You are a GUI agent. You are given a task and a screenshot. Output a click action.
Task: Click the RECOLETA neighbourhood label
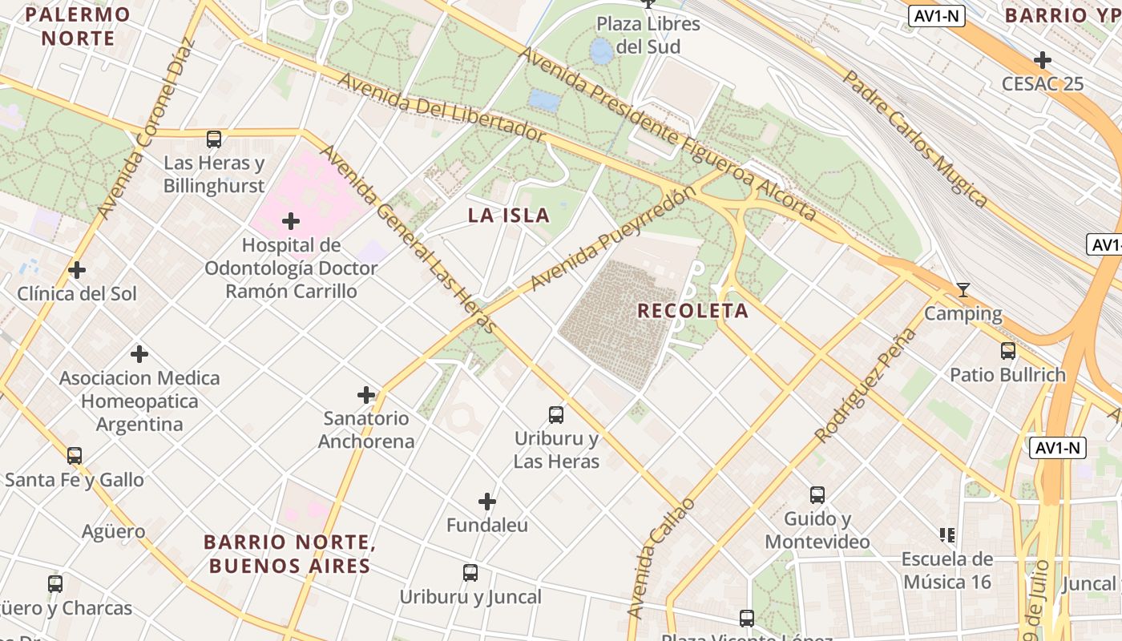pyautogui.click(x=693, y=311)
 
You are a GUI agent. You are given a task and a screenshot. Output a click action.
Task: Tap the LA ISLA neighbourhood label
pyautogui.click(x=509, y=216)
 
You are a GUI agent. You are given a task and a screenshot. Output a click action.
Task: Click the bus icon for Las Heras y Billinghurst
pyautogui.click(x=214, y=139)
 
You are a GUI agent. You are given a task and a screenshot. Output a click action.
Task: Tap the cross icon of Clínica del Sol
pyautogui.click(x=77, y=270)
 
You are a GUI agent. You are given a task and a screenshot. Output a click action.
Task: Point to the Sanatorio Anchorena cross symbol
pyautogui.click(x=366, y=395)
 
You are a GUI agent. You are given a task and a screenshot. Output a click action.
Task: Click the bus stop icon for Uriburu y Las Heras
pyautogui.click(x=556, y=415)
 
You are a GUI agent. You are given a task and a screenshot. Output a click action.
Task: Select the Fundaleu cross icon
pyautogui.click(x=487, y=502)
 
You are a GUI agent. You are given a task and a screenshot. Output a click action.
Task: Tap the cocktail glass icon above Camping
pyautogui.click(x=963, y=289)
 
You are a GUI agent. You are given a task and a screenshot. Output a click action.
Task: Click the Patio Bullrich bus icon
pyautogui.click(x=1008, y=351)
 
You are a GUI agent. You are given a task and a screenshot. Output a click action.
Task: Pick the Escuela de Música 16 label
pyautogui.click(x=947, y=570)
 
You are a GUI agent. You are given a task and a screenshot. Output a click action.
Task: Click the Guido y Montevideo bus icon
pyautogui.click(x=817, y=495)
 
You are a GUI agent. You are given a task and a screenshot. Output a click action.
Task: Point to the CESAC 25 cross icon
pyautogui.click(x=1043, y=60)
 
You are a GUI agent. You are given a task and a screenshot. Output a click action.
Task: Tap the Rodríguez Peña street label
pyautogui.click(x=865, y=385)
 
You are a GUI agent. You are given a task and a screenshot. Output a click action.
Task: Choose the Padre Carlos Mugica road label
pyautogui.click(x=914, y=139)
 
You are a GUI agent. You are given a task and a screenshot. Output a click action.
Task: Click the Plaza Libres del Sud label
pyautogui.click(x=648, y=35)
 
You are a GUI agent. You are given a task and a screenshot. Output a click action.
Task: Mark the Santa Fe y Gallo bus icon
pyautogui.click(x=75, y=456)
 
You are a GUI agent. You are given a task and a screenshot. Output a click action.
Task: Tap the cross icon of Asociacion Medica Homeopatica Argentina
pyautogui.click(x=139, y=353)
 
